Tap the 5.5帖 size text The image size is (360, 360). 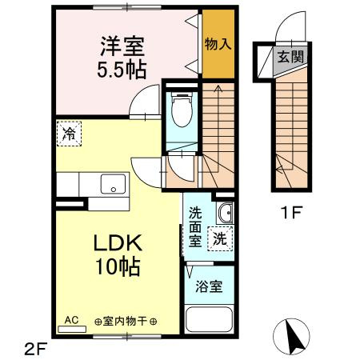click(123, 69)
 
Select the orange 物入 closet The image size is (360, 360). click(218, 44)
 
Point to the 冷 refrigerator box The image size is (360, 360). click(70, 133)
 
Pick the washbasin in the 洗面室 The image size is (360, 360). click(224, 214)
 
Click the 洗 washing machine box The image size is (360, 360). click(219, 238)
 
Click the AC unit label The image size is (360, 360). click(71, 320)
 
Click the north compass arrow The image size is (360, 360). click(294, 336)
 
